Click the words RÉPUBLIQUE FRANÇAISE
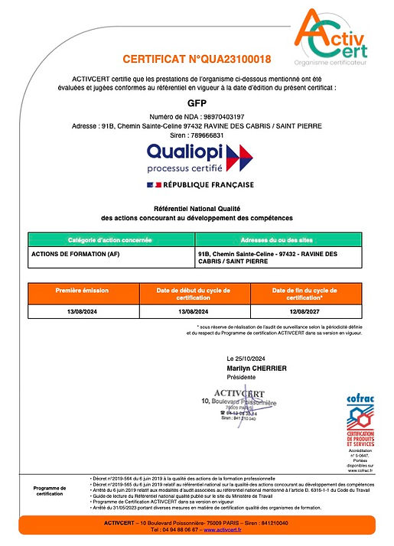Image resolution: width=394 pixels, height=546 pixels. [x=204, y=185]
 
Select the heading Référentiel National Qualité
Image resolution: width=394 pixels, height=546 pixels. [x=197, y=209]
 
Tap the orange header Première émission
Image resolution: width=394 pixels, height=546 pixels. [x=83, y=291]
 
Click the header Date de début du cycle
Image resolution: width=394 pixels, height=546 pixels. [x=197, y=294]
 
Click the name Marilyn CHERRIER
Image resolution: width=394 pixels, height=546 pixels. [x=257, y=368]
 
